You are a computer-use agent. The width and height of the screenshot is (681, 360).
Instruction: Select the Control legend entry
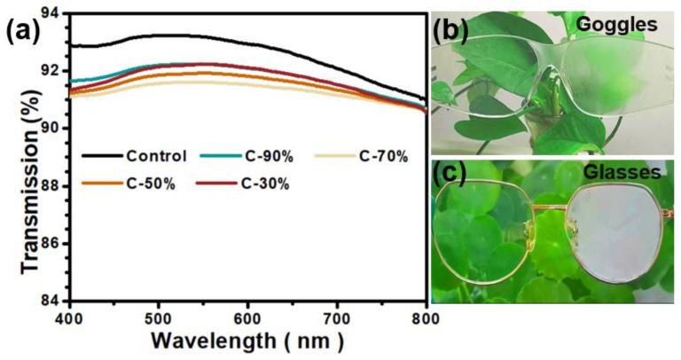click(155, 156)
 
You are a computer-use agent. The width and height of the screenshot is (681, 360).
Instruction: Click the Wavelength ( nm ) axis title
click(246, 341)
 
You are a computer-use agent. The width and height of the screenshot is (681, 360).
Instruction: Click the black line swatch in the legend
click(100, 157)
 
